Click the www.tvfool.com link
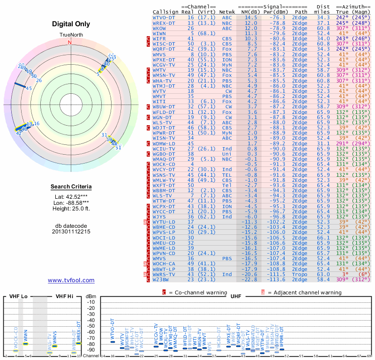71,280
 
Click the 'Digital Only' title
71,24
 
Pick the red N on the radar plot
70,42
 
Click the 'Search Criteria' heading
71,187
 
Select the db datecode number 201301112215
71,232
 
